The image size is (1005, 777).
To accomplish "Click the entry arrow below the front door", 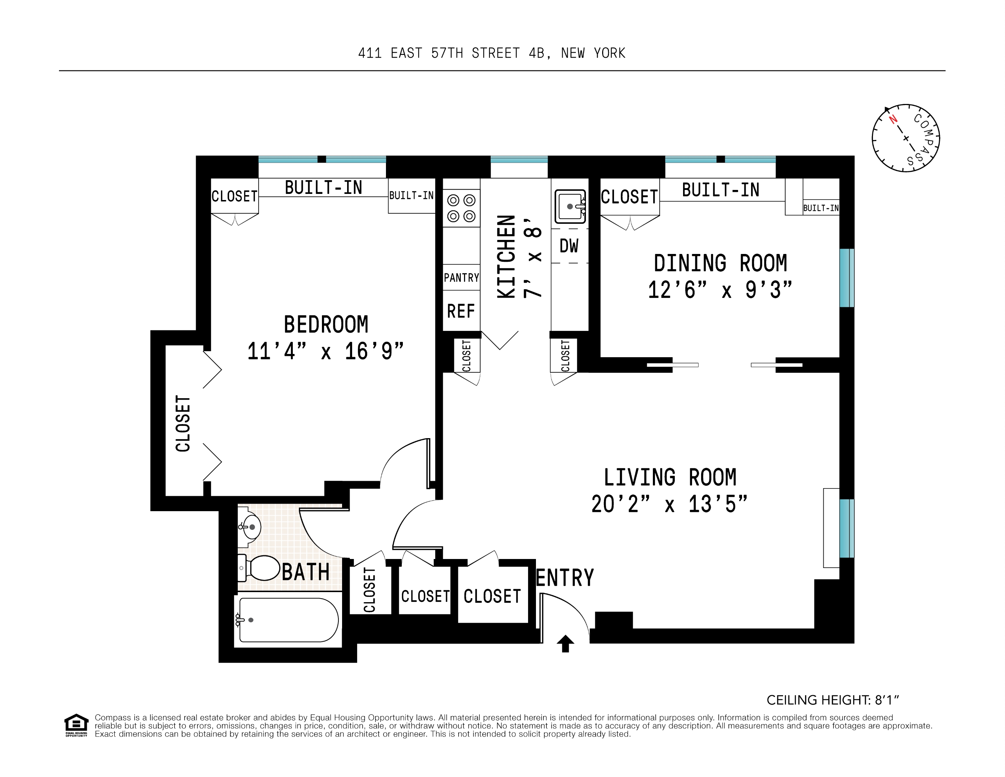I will tap(565, 643).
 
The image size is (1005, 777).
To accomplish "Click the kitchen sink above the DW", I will tap(570, 207).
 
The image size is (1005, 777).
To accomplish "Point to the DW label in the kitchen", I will tap(569, 246).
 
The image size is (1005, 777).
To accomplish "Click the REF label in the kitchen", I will tap(461, 311).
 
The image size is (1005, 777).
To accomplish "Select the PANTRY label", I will tap(461, 278).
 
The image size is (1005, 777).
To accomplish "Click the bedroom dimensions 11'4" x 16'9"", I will tap(325, 352).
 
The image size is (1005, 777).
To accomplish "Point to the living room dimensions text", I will tap(669, 504).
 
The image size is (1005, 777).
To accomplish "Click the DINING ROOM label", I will tap(720, 263).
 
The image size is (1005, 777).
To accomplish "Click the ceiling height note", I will tap(832, 700).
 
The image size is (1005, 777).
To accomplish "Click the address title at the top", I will tap(491, 53).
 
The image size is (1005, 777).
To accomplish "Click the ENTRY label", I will tap(565, 578).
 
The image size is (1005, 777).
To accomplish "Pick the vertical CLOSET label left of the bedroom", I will tap(183, 423).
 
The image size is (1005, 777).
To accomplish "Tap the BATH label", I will tap(305, 572).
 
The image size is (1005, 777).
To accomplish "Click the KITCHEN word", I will tap(506, 256).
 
